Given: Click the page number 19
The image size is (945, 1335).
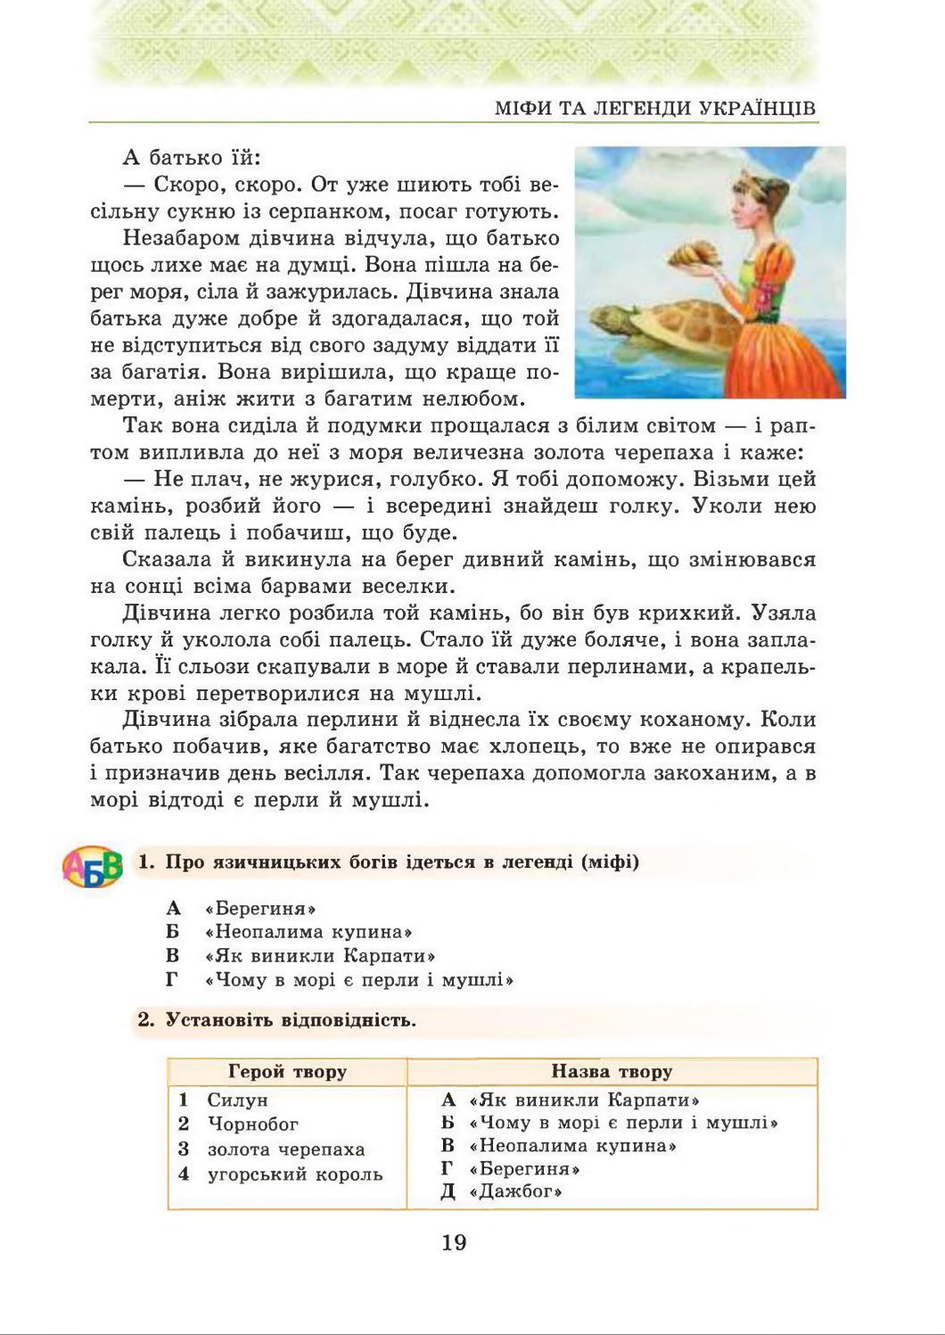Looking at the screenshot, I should pyautogui.click(x=454, y=1241).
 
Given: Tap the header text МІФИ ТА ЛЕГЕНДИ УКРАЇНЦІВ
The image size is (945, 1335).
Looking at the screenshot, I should pyautogui.click(x=655, y=109).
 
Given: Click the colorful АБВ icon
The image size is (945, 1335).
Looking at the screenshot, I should pyautogui.click(x=92, y=865).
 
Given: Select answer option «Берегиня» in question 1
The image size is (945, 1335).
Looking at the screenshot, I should pyautogui.click(x=260, y=909).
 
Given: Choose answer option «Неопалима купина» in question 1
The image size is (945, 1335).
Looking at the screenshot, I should pyautogui.click(x=308, y=932).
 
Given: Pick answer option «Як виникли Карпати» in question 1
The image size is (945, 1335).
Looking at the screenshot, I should pyautogui.click(x=319, y=956).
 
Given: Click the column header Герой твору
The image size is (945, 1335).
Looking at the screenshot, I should pyautogui.click(x=287, y=1071).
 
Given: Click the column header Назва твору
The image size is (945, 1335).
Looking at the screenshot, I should pyautogui.click(x=611, y=1071).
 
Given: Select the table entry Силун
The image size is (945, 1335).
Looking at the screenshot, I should pyautogui.click(x=237, y=1100).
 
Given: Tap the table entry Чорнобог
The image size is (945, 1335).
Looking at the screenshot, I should pyautogui.click(x=252, y=1125).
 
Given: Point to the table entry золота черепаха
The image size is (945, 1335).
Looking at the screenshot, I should pyautogui.click(x=285, y=1150).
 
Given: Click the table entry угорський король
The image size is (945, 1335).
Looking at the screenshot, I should pyautogui.click(x=294, y=1174).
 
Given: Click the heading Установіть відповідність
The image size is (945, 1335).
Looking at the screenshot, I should pyautogui.click(x=291, y=1020).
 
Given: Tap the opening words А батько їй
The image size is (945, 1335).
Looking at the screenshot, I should pyautogui.click(x=191, y=159).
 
